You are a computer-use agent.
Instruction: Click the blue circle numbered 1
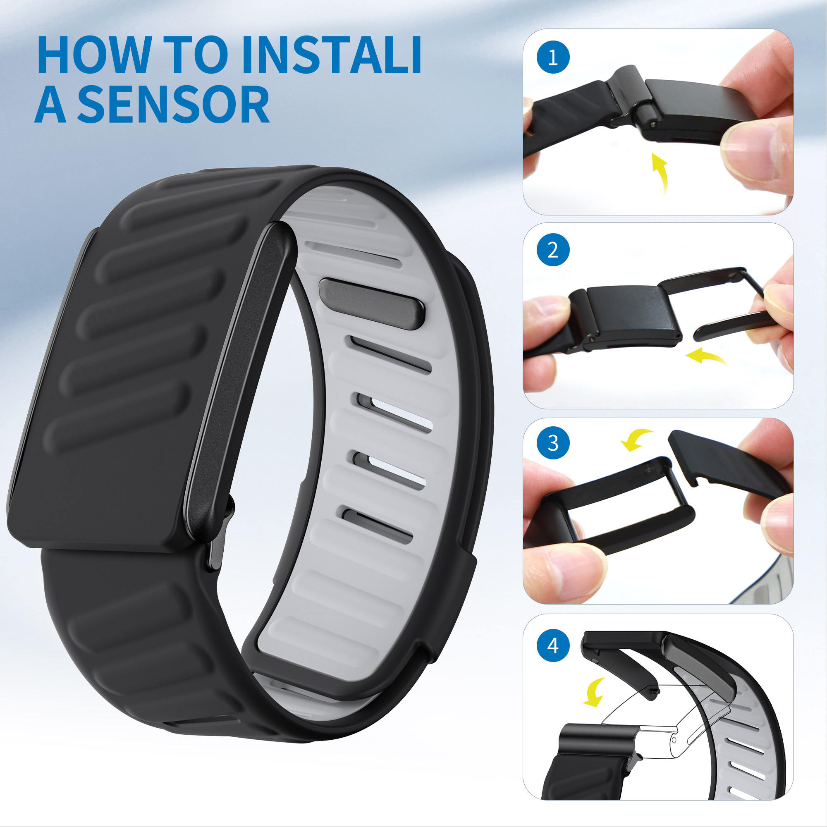coord(552,57)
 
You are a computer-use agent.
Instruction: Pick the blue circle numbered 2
coord(552,250)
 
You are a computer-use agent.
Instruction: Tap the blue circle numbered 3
coord(552,443)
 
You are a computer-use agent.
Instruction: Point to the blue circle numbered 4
coord(552,645)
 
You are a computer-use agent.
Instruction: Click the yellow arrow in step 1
coord(660,172)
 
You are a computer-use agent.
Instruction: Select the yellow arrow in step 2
coord(705,356)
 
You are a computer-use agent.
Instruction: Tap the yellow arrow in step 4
coord(595,692)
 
